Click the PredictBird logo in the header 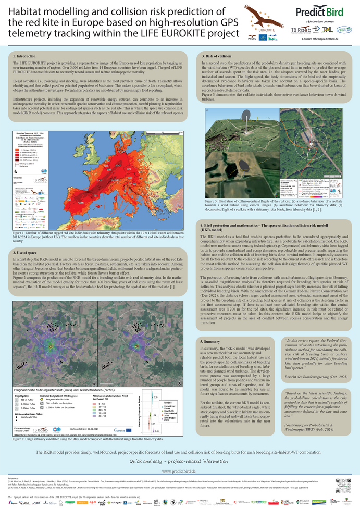point(319,12)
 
